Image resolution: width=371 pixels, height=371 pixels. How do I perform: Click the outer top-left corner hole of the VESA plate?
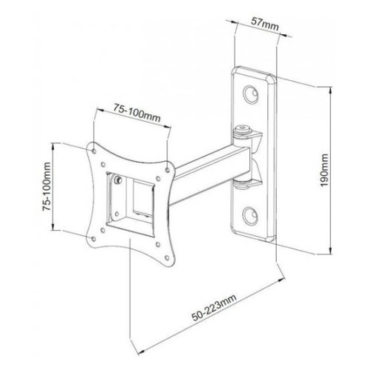[94, 151]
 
